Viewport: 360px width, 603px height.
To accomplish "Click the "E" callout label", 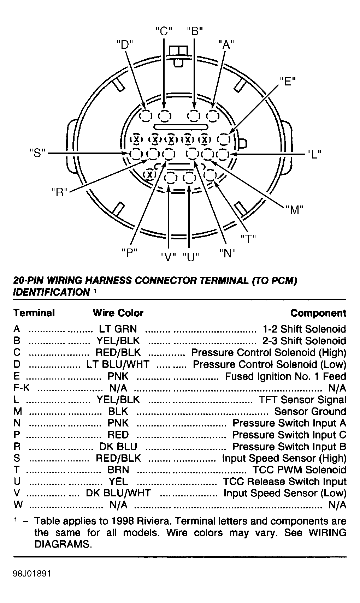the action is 288,81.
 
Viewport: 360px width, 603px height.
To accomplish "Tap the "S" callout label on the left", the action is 37,153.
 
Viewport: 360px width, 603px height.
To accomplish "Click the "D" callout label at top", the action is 125,45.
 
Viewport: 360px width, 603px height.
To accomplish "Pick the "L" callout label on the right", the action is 314,154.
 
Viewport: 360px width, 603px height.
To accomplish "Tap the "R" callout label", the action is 60,192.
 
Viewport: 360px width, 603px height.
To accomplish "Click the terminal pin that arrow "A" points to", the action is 213,116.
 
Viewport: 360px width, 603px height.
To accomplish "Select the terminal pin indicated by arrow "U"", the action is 189,178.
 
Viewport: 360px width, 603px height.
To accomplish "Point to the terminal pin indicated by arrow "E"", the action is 224,139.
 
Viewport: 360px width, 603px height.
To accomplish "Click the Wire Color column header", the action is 118,313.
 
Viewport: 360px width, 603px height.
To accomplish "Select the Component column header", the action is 318,313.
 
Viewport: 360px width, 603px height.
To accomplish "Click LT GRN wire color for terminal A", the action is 118,329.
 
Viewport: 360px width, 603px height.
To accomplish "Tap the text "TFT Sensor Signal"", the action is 302,400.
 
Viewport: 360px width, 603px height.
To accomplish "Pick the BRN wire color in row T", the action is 118,470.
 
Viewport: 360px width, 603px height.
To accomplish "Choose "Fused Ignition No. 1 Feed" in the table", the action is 285,376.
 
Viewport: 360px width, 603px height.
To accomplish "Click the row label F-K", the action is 22,388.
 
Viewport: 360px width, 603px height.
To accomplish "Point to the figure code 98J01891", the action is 32,574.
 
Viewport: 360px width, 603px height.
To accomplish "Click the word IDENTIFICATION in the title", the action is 52,292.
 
